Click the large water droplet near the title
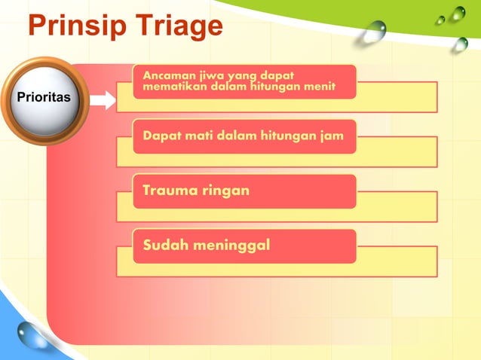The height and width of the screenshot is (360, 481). pos(373,31)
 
